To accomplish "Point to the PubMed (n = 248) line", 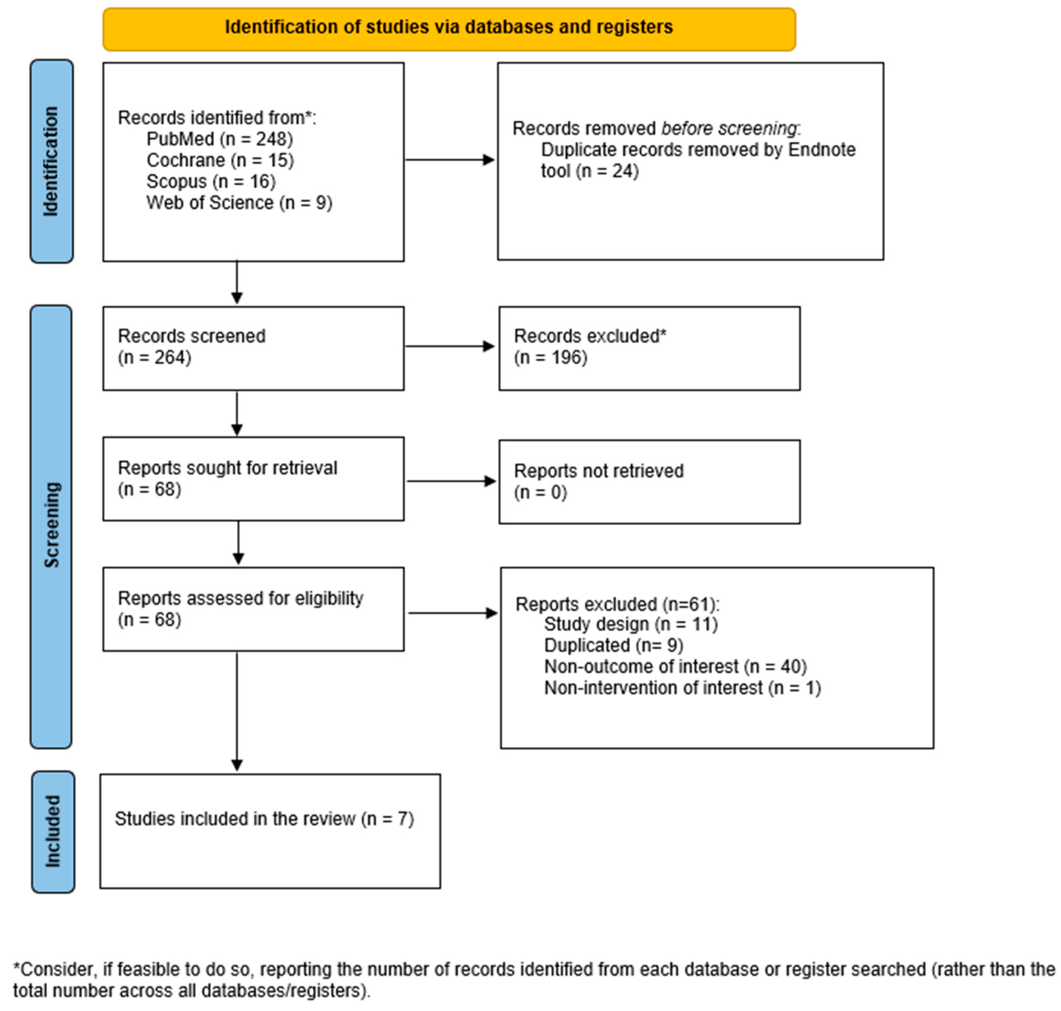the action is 219,139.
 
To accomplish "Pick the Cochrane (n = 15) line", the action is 220,160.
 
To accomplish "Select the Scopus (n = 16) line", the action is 211,182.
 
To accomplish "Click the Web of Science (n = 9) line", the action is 239,203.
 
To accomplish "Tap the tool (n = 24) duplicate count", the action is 589,171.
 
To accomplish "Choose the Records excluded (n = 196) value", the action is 551,357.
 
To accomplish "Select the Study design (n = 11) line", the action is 630,624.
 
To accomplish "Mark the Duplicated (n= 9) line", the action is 613,645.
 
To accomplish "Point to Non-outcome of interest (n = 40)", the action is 675,667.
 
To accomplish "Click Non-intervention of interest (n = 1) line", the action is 682,688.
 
